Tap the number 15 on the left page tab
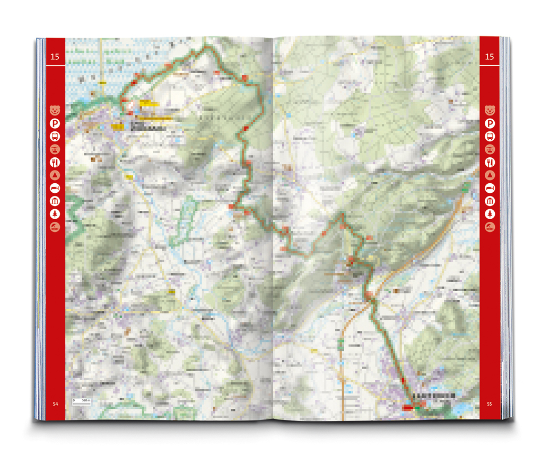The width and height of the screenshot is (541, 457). [x=55, y=57]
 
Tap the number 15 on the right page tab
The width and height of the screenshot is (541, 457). [x=489, y=57]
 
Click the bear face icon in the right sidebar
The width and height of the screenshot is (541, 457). [x=490, y=110]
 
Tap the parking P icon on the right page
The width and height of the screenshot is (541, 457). [x=490, y=123]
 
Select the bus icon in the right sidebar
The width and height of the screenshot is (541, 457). [x=490, y=136]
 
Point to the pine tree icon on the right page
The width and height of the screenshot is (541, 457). [x=490, y=214]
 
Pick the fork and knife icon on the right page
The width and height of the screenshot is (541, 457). [x=490, y=162]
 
